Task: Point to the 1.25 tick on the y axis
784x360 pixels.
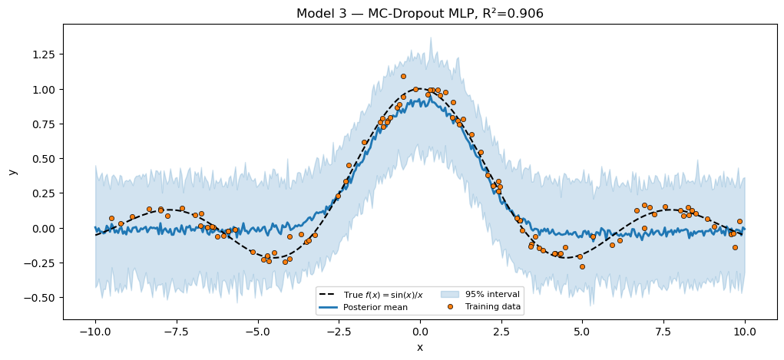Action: (x=43, y=54)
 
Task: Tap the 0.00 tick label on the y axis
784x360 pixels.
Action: (x=43, y=228)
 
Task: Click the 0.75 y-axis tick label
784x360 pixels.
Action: (x=43, y=124)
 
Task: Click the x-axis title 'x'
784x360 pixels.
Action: (x=420, y=347)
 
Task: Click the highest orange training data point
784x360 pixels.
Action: (x=403, y=76)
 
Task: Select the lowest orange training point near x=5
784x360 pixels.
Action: (x=582, y=266)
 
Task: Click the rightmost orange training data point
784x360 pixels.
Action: (x=739, y=221)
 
